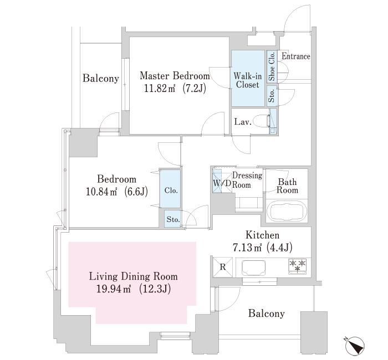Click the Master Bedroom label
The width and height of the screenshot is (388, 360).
coord(174,76)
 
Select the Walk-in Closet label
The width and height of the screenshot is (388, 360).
coord(247,80)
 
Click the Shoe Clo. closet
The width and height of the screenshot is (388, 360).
coord(272,66)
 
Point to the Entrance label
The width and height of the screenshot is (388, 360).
coord(295,56)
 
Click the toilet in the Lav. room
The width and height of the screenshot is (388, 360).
coord(272,121)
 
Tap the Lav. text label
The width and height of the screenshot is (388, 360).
coord(243,122)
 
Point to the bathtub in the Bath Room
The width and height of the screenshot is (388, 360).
coord(287,212)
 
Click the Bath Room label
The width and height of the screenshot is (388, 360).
coord(288,186)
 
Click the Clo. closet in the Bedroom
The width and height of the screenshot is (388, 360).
coord(171,190)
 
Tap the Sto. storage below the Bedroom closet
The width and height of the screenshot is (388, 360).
coord(173,219)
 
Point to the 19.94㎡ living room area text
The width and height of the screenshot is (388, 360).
coord(110,288)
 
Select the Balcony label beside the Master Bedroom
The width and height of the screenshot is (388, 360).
coord(101,79)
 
